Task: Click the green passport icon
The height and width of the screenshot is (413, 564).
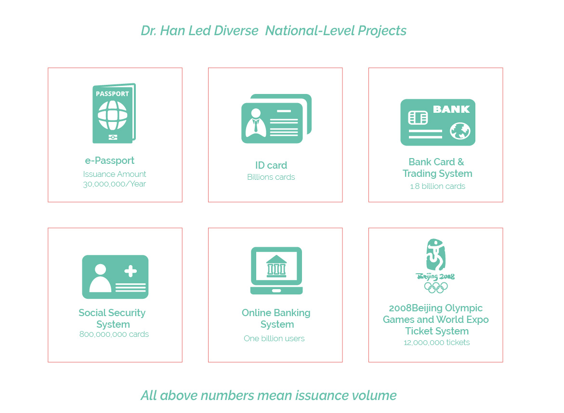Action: (x=114, y=114)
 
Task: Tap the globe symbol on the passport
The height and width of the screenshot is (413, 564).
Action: (x=113, y=115)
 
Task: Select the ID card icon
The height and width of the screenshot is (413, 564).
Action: (x=276, y=119)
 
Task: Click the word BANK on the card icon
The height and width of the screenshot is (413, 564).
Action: (x=451, y=109)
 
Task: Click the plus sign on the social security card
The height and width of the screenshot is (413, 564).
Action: (x=131, y=271)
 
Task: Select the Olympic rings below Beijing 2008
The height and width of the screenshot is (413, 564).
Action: (x=435, y=287)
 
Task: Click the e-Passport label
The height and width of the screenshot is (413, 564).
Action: (x=110, y=160)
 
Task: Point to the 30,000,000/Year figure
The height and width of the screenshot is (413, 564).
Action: (x=115, y=184)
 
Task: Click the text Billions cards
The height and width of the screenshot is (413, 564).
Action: (x=271, y=177)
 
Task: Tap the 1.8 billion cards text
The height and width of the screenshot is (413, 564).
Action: (x=437, y=186)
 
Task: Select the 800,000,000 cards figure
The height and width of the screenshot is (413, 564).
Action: (x=114, y=334)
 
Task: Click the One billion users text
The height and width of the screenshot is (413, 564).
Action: (x=274, y=338)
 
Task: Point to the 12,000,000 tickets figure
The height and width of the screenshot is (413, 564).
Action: (x=437, y=342)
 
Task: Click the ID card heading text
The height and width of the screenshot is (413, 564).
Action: (x=271, y=165)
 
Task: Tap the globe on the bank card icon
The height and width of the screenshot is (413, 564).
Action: (x=460, y=131)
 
